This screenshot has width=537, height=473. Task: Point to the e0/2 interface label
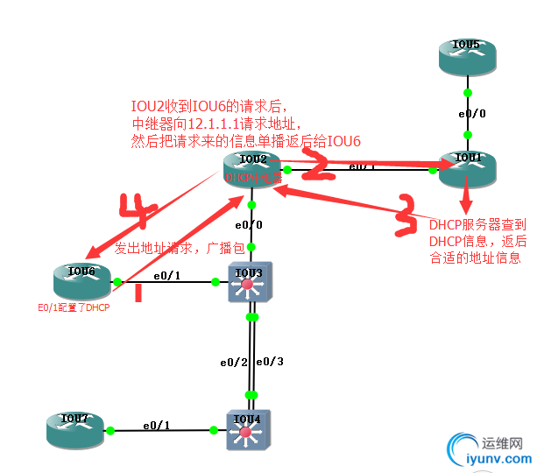point(233,362)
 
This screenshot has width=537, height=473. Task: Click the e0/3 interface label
point(272,362)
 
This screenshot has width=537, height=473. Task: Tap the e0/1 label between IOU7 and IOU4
point(157,424)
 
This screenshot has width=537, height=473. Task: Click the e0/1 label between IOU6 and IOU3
point(167,276)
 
